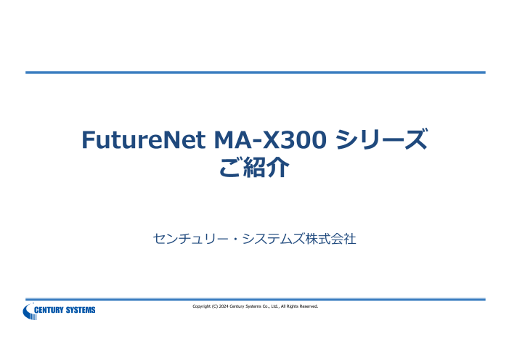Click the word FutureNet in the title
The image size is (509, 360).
(x=143, y=139)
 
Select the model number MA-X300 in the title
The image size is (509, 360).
(x=270, y=139)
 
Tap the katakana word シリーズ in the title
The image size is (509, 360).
(x=381, y=139)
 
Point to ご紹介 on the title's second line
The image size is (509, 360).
(x=254, y=167)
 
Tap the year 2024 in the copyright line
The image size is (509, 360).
(x=224, y=306)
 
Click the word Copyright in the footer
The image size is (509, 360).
(x=201, y=306)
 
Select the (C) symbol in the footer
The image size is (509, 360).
(x=215, y=306)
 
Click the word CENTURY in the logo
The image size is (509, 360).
(x=49, y=310)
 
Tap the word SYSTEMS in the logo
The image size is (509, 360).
(x=81, y=310)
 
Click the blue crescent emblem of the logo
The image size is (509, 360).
(x=28, y=311)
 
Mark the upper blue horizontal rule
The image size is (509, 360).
(x=256, y=73)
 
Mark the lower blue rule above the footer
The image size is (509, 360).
(x=256, y=299)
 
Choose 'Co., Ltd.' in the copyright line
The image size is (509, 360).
(x=271, y=306)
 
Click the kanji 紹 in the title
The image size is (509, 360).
(x=254, y=167)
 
